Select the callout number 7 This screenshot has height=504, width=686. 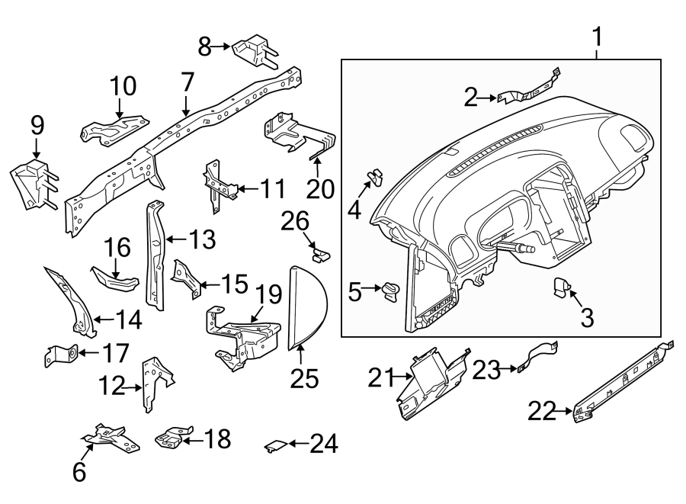(x=187, y=82)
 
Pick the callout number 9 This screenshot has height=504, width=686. (x=37, y=126)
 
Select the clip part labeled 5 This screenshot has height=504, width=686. (x=393, y=291)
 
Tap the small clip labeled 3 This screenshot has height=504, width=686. (x=562, y=287)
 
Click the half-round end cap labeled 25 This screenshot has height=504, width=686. (x=307, y=307)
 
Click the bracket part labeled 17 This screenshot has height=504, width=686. (x=63, y=353)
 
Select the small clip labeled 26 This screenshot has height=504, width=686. (x=321, y=251)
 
